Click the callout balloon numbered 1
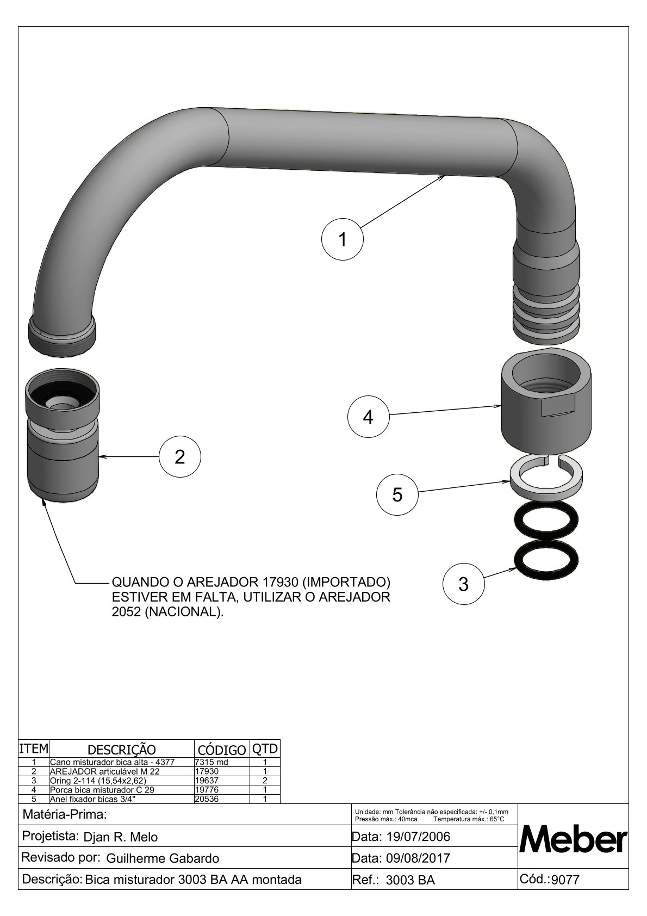coord(343,239)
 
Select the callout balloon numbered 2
coord(180,457)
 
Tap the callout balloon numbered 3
coord(463,584)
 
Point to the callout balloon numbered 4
coord(368,417)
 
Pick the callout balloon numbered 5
coord(397,494)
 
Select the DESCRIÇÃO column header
coord(121,749)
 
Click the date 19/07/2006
coord(418,836)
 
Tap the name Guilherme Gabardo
coord(163,858)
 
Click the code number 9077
coord(565,880)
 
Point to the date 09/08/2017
coord(418,858)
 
